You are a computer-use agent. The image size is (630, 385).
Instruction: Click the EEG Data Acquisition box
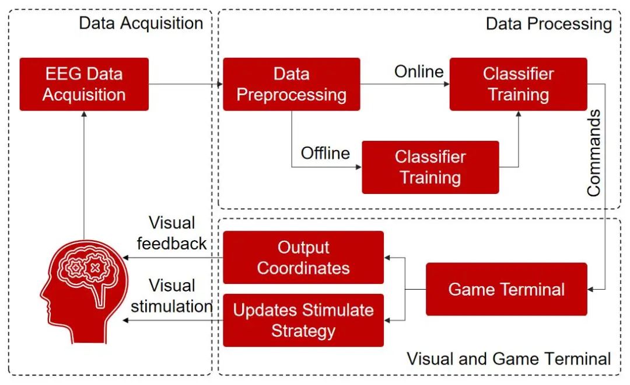(84, 84)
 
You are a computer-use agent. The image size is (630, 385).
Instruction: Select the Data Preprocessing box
(292, 84)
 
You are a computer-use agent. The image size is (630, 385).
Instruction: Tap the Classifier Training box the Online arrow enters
(518, 84)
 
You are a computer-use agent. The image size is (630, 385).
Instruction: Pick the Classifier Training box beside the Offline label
(430, 167)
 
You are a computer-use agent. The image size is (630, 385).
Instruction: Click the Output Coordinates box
(303, 258)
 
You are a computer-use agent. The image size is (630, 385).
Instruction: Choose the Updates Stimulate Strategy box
(303, 320)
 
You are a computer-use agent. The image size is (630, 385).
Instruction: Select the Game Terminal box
(506, 289)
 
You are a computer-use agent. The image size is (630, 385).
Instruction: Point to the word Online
(419, 72)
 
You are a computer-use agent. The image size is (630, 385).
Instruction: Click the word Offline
(325, 153)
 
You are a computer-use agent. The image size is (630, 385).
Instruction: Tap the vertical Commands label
(594, 153)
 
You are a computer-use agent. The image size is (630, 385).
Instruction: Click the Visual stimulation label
(171, 296)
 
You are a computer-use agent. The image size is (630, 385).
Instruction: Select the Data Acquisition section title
(141, 23)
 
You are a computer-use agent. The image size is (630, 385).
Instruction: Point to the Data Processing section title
(548, 23)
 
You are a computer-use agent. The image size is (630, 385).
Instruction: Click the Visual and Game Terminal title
(509, 358)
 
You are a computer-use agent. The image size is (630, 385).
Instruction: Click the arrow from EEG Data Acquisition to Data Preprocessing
(185, 84)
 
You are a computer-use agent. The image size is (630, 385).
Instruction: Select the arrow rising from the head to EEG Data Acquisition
(84, 175)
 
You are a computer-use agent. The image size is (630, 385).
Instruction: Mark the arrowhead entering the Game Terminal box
(591, 289)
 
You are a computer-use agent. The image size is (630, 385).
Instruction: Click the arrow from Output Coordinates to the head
(172, 258)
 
